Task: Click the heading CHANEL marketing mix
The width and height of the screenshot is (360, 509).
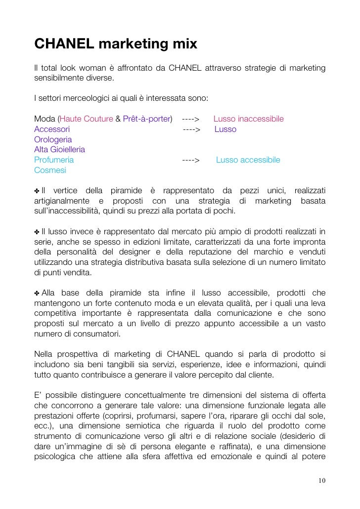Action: coord(116,44)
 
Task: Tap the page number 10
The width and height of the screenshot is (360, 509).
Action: coord(322,480)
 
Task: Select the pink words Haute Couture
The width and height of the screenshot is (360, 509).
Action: coord(87,119)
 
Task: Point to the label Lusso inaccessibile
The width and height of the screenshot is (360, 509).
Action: coord(248,119)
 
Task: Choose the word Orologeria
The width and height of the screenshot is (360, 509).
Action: coord(53,140)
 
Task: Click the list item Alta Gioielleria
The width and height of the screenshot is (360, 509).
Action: coord(59,149)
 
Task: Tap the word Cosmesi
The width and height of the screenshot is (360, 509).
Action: coord(50,170)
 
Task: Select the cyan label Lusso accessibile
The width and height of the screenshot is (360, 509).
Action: coord(248,160)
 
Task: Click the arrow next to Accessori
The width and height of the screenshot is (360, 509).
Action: coord(191,129)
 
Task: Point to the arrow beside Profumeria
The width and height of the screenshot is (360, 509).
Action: coord(190,160)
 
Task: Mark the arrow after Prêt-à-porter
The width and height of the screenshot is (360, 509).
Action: coord(190,119)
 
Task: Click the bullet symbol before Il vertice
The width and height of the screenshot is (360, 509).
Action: coord(37,191)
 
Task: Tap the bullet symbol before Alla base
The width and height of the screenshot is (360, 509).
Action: coord(37,293)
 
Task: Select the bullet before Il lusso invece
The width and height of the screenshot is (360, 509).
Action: coord(37,232)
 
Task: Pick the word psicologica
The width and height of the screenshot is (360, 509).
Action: coord(55,456)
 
